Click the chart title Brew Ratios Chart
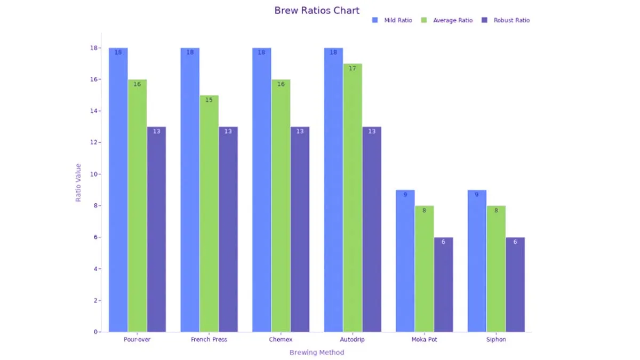(317, 11)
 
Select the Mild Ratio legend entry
(392, 20)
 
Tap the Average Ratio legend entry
(447, 20)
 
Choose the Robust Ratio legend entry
(506, 20)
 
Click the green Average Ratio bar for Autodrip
(353, 198)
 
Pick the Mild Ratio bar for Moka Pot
(405, 261)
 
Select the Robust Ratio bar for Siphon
(515, 285)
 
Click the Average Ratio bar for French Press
(209, 214)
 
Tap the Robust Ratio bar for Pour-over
(157, 229)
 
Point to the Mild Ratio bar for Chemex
(262, 190)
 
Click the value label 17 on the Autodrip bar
(353, 68)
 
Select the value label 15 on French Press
(209, 100)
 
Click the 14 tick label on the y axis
(94, 111)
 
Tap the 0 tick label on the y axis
(95, 332)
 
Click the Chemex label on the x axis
(281, 339)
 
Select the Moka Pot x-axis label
(425, 339)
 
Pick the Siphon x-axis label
(496, 339)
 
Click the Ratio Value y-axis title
(78, 182)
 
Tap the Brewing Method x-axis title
(317, 353)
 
